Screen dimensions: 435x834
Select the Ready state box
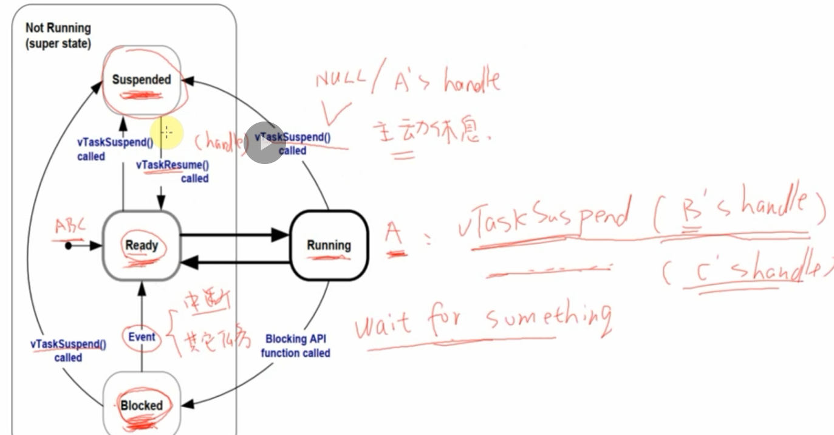142,245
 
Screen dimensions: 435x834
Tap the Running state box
329,245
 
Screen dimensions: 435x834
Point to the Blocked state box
142,404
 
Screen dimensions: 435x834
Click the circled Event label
142,337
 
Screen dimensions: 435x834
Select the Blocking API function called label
296,346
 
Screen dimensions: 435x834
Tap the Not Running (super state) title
58,36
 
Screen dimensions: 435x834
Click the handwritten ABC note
70,226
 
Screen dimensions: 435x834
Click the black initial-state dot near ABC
69,245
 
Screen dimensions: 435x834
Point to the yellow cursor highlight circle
166,132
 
